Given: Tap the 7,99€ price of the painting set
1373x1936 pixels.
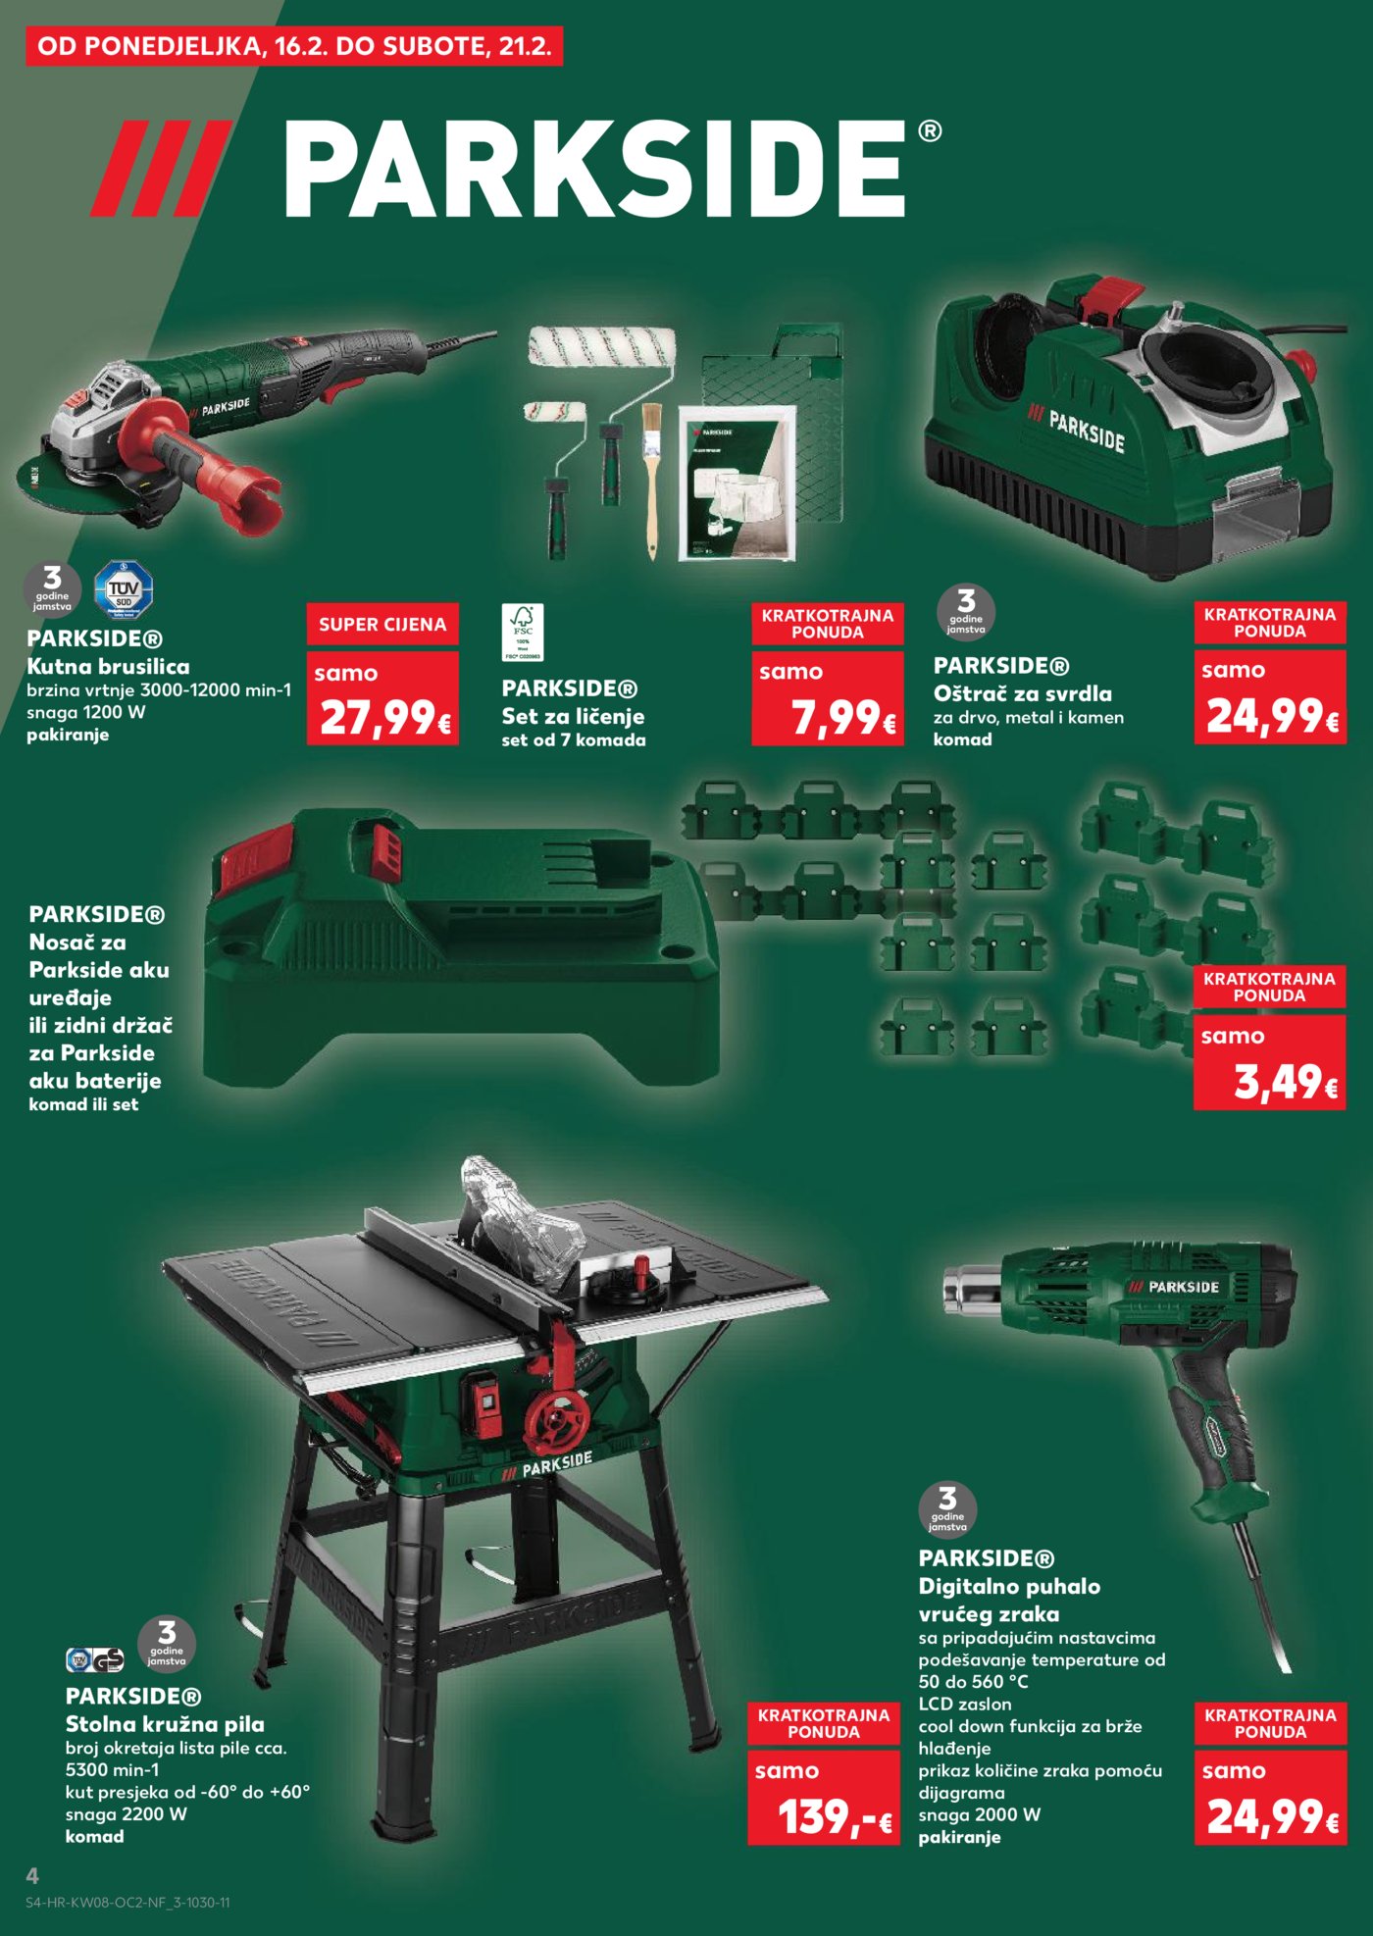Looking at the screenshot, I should [841, 717].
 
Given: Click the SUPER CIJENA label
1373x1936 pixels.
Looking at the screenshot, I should [382, 625].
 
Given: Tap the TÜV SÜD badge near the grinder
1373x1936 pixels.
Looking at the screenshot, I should [124, 589].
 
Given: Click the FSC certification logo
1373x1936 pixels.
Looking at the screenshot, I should [523, 632].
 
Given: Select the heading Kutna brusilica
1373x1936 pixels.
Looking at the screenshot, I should [108, 667].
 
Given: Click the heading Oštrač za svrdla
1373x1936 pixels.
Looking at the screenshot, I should [1022, 693].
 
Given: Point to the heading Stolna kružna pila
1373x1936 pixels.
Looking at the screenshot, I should [165, 1724].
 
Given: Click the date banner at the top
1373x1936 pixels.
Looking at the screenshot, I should [294, 46].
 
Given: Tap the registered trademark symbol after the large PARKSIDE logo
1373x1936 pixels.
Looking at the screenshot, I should [930, 131].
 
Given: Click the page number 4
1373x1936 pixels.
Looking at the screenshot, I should [32, 1876].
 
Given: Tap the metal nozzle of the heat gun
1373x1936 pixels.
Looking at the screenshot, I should [971, 1288].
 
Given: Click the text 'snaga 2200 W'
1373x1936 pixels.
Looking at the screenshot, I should [126, 1814].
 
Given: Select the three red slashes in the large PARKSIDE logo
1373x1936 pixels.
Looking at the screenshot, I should [162, 168].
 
